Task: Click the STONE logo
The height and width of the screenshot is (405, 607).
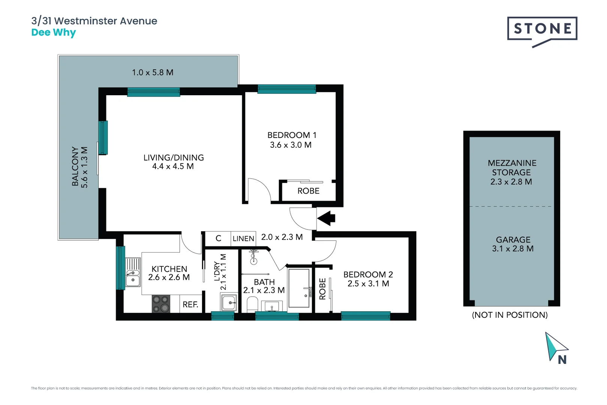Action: tap(542, 29)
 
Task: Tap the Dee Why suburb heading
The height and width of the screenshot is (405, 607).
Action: tap(54, 33)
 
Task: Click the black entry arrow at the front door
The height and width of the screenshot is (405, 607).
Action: tap(326, 218)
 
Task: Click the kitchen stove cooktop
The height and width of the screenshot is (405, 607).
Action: tap(161, 304)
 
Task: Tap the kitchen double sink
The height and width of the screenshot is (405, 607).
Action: tap(133, 272)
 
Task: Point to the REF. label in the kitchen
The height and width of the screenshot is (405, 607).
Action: tap(190, 304)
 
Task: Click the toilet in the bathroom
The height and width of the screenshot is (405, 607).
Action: tap(253, 304)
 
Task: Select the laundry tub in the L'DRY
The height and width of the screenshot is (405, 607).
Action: tap(229, 302)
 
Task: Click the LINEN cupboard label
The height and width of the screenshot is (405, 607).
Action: tap(243, 238)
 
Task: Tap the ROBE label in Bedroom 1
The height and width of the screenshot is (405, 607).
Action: tap(308, 191)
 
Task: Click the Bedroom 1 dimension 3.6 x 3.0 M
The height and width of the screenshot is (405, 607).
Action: tap(291, 145)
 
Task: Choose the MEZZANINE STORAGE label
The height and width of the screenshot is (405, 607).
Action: tap(512, 168)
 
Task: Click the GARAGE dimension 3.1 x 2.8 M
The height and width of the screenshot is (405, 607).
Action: tap(513, 249)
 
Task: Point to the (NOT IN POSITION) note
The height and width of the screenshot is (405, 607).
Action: tap(510, 315)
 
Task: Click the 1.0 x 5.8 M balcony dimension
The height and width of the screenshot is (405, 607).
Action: tap(152, 72)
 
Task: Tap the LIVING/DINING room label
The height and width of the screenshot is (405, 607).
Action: tap(173, 157)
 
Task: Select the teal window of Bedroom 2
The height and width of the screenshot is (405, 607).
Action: tap(365, 316)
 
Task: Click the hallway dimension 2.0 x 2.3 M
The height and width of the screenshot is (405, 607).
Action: tap(282, 237)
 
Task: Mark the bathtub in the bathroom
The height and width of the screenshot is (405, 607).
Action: tap(299, 288)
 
